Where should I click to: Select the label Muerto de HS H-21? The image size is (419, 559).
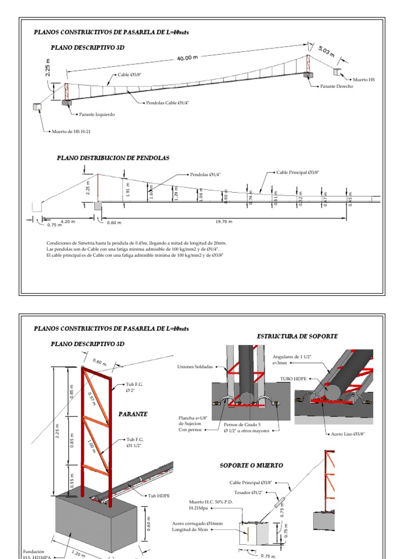point(71,132)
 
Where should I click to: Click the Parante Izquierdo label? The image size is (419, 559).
point(97,115)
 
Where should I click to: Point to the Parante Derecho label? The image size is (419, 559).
point(336,86)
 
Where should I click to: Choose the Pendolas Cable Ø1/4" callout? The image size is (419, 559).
point(167,103)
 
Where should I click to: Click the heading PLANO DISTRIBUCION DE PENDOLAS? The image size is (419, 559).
point(113,158)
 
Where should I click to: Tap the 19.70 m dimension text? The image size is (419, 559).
point(223,222)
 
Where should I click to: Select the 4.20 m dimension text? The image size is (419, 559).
point(68,222)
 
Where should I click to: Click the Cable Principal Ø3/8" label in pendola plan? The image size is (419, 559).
point(297,172)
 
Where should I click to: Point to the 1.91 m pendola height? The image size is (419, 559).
point(128,189)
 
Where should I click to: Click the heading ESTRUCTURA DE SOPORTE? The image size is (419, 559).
point(297,336)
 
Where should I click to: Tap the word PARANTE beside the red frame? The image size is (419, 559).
point(133,414)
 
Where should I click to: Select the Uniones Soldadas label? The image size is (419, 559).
point(194,366)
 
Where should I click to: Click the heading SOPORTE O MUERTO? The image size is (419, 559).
point(251,465)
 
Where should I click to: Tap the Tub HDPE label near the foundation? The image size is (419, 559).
point(159,496)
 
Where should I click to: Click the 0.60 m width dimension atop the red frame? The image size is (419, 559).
point(100,361)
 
